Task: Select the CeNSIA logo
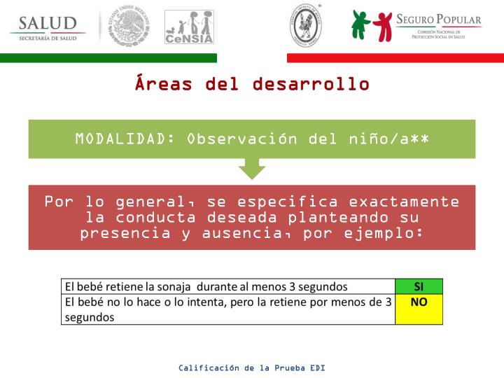point(189,27)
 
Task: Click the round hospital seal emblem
point(305,26)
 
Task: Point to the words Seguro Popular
point(438,20)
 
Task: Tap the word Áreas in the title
point(164,85)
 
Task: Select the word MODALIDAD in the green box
point(125,139)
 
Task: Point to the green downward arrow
point(252,168)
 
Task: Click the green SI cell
point(419,286)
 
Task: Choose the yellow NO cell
point(419,309)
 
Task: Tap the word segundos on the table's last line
point(89,316)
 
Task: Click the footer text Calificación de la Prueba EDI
point(252,367)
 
